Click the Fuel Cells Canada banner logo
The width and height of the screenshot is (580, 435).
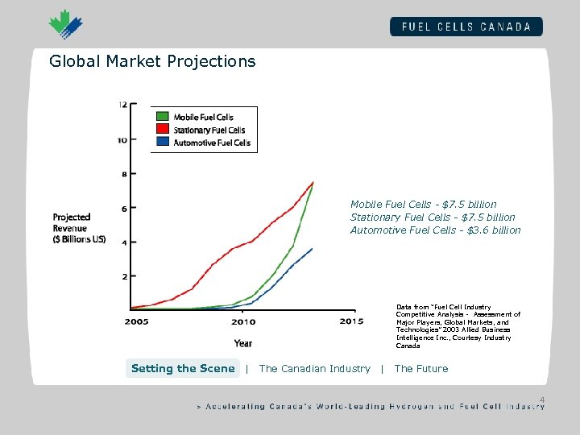466,26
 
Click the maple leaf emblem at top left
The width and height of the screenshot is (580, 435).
65,25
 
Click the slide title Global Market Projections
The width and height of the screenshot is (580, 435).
152,61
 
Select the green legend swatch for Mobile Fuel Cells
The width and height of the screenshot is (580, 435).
162,117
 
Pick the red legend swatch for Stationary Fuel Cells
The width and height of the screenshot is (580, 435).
162,130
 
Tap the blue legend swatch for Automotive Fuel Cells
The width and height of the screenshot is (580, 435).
162,143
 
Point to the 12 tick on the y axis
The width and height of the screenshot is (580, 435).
122,105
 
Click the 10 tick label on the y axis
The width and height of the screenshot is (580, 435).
122,139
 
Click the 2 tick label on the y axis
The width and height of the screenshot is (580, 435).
123,276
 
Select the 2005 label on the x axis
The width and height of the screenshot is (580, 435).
136,322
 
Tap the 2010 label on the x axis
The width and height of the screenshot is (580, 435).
243,322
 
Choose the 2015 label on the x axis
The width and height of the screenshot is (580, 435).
351,322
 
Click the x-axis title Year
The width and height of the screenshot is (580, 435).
243,342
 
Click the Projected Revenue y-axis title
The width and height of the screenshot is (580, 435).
79,228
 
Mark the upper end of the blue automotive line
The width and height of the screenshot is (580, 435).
313,249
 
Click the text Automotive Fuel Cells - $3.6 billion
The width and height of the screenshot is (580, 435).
435,230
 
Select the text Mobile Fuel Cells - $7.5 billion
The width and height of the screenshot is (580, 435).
423,205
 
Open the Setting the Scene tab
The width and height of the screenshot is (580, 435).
183,369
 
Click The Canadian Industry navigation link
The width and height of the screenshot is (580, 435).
314,369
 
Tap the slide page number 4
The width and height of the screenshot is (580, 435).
542,400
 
